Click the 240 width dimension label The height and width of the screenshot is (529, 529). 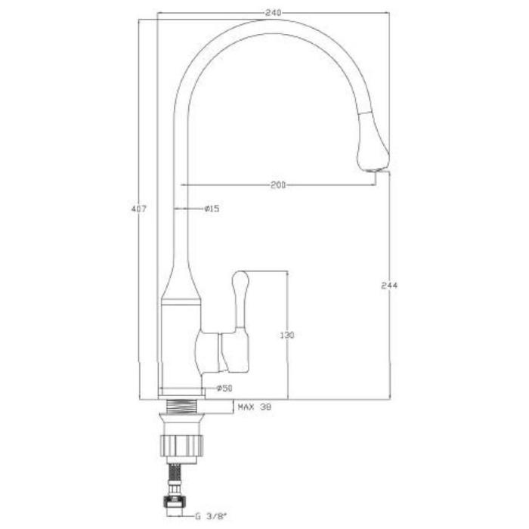274,13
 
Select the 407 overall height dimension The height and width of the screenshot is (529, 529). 138,209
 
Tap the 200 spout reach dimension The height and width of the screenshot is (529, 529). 278,185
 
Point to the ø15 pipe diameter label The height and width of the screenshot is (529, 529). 212,209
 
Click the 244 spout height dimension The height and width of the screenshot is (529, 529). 389,286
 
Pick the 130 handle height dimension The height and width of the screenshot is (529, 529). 287,336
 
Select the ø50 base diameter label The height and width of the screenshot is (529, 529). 224,388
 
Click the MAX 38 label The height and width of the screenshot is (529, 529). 255,407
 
